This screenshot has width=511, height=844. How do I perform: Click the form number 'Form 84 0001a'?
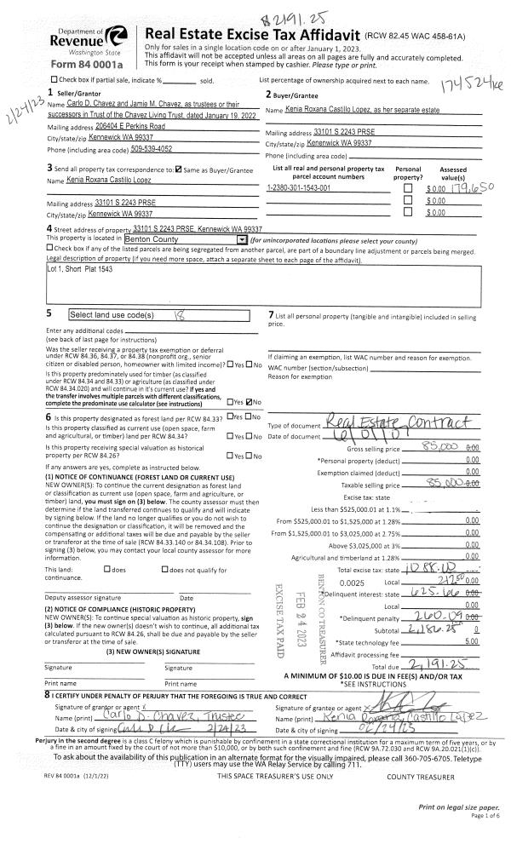pyautogui.click(x=87, y=64)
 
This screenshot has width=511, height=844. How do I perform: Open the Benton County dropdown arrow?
pyautogui.click(x=243, y=240)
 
